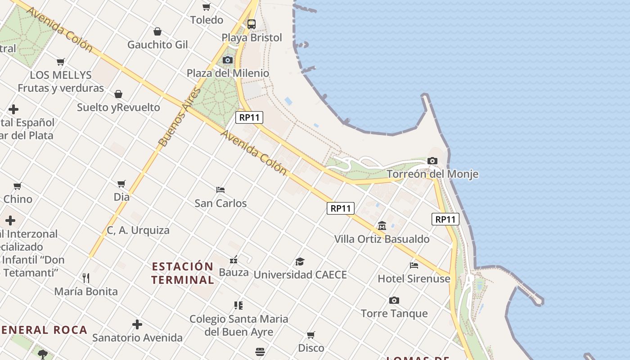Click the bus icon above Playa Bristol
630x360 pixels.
(252, 24)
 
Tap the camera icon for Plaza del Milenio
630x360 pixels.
(228, 60)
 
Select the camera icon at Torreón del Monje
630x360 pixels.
(432, 161)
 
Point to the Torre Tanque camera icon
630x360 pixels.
(394, 300)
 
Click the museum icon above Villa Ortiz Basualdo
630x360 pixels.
(382, 225)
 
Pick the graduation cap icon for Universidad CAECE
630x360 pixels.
(300, 261)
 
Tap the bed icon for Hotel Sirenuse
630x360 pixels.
(414, 265)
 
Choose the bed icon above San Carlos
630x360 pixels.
(220, 190)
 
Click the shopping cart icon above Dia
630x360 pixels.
(121, 184)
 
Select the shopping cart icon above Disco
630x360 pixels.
(311, 335)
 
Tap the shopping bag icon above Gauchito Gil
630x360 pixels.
(157, 31)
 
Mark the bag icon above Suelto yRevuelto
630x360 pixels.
(118, 94)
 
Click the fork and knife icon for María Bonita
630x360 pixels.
(86, 278)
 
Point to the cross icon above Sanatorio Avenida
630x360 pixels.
(137, 324)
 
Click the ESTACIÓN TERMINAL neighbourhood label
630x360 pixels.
(183, 273)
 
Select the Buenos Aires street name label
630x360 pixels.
(179, 118)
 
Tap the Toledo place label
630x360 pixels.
(207, 20)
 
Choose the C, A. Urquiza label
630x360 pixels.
(138, 230)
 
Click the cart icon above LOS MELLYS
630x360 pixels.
(61, 62)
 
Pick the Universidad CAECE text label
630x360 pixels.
(300, 274)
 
